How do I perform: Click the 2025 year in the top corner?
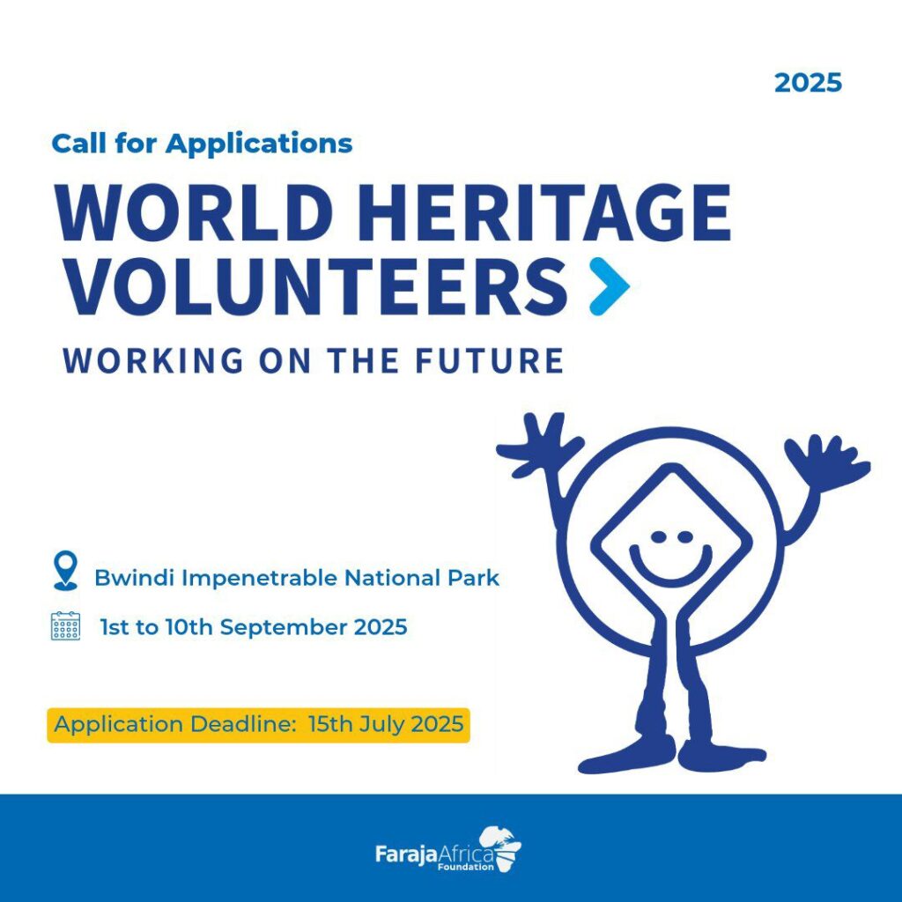[808, 83]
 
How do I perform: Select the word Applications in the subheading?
[259, 144]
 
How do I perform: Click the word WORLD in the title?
[195, 213]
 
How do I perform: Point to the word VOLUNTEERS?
[317, 286]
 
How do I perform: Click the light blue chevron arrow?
[610, 286]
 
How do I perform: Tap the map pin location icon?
[65, 570]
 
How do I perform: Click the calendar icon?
[65, 626]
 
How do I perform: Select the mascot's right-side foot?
[722, 754]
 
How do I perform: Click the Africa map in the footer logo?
[500, 848]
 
